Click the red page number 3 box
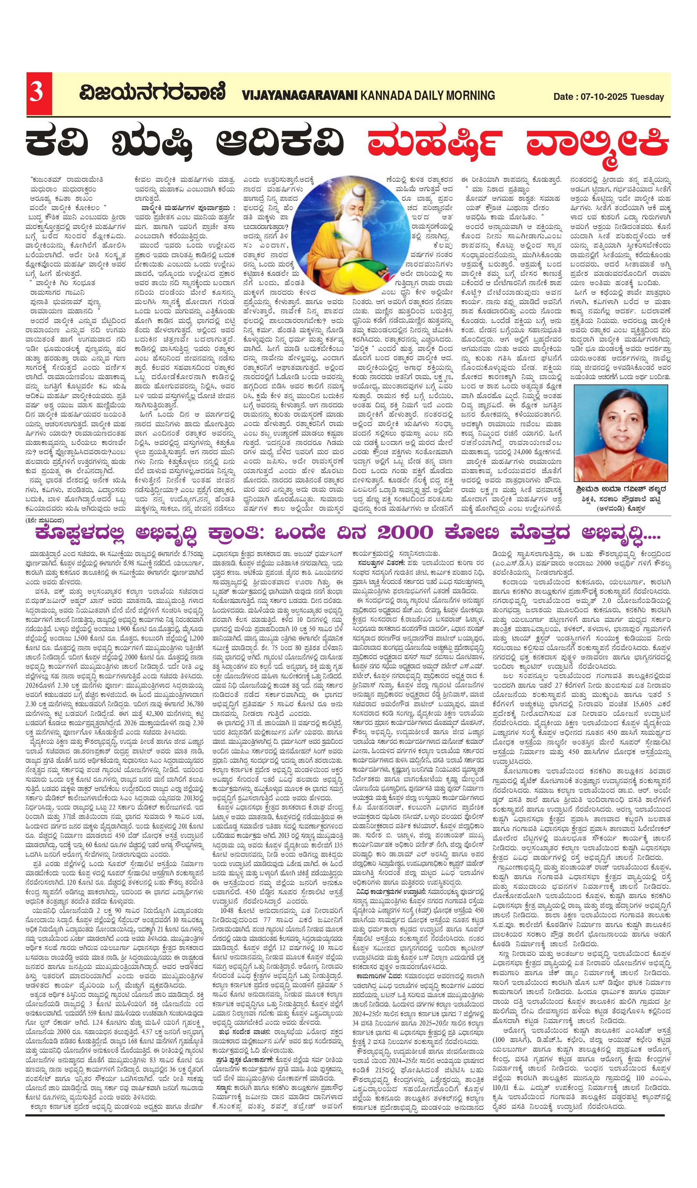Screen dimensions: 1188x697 (39, 93)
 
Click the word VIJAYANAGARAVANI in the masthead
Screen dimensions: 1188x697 (300, 95)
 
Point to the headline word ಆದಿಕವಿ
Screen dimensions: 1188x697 (280, 142)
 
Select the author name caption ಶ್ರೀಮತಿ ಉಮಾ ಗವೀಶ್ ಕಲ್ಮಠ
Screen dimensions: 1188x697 (621, 489)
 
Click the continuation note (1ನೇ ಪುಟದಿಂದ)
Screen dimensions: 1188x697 (45, 520)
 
